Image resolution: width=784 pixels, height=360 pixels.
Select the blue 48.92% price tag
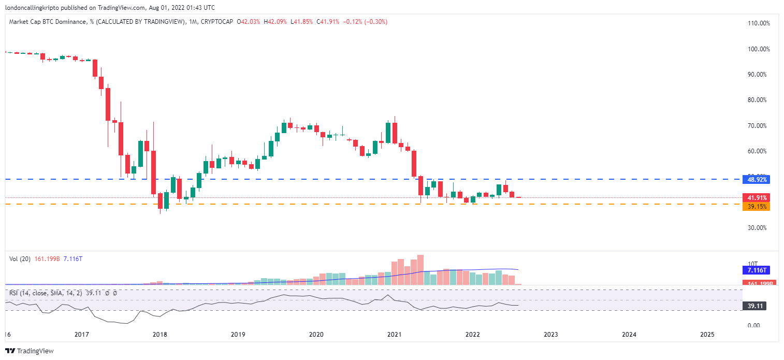(x=756, y=180)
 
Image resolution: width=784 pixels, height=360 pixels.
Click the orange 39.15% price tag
(x=756, y=207)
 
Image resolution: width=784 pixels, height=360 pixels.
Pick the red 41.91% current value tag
(x=756, y=197)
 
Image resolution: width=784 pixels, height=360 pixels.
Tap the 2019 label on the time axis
(x=238, y=335)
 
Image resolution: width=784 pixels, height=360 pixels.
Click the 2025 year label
(x=707, y=335)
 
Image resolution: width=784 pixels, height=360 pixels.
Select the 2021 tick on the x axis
(x=395, y=335)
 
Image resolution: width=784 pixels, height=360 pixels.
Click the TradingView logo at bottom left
(x=30, y=351)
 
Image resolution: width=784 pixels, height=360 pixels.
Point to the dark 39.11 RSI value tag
(x=754, y=306)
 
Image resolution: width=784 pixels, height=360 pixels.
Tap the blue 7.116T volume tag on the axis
(x=756, y=270)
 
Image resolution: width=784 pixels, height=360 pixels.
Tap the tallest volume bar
(x=420, y=269)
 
